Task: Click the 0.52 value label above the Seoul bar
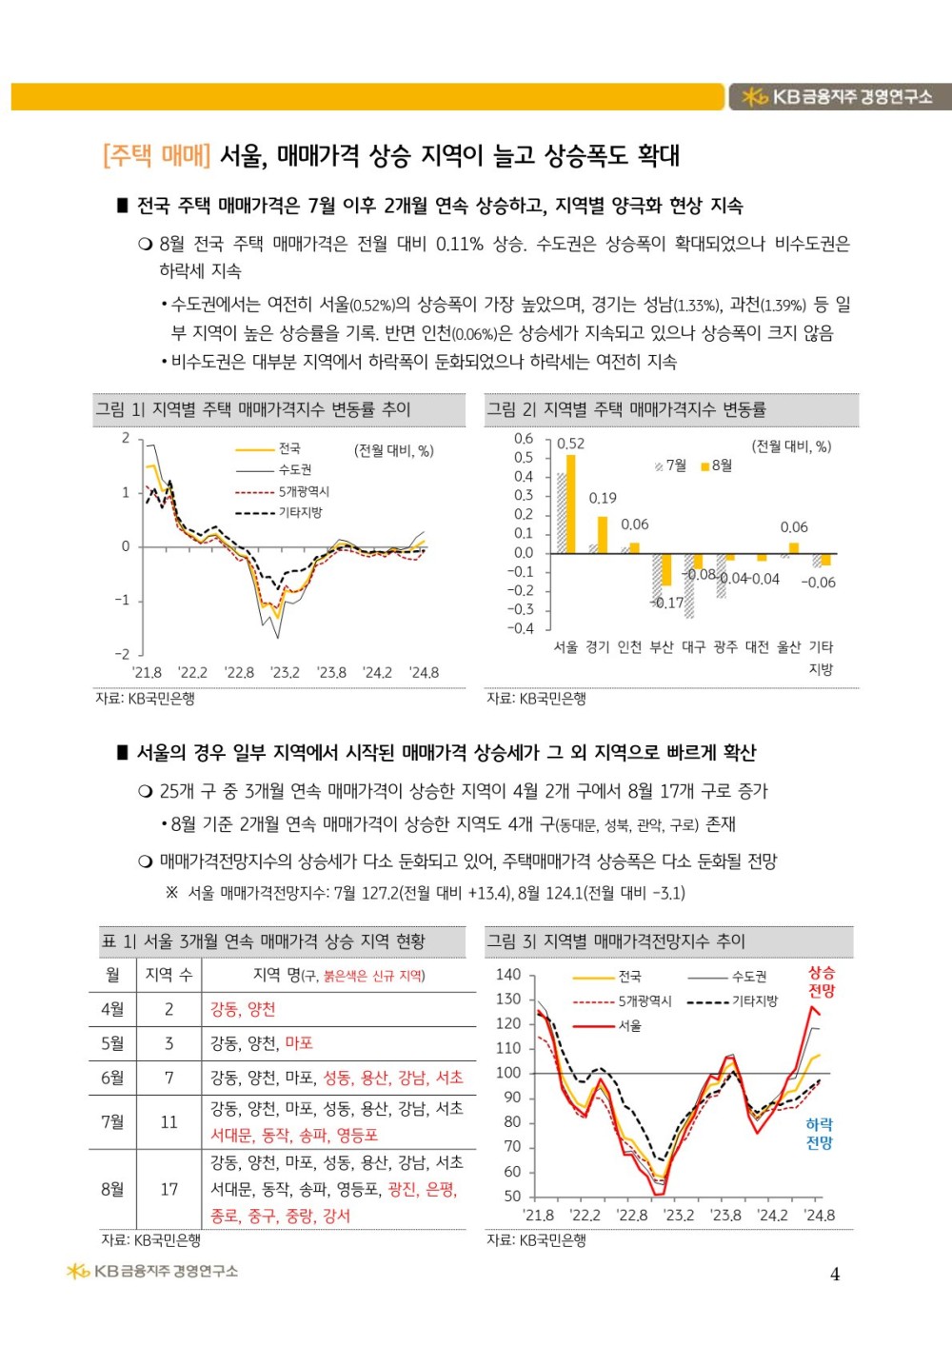point(571,444)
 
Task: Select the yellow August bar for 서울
point(571,505)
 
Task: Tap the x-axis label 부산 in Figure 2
point(662,647)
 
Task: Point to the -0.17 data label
point(668,603)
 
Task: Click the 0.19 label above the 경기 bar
point(603,498)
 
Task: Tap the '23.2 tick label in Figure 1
point(286,673)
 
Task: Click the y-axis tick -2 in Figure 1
point(123,654)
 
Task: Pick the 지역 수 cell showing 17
point(169,1189)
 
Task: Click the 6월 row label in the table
point(112,1078)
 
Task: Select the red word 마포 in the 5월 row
point(299,1043)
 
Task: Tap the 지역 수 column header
point(169,975)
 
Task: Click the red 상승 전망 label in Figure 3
point(821,981)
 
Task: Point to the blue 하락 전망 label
point(819,1134)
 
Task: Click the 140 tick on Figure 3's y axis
point(509,975)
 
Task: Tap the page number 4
point(835,1275)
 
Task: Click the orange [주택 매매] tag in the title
point(156,156)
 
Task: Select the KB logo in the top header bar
point(754,96)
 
